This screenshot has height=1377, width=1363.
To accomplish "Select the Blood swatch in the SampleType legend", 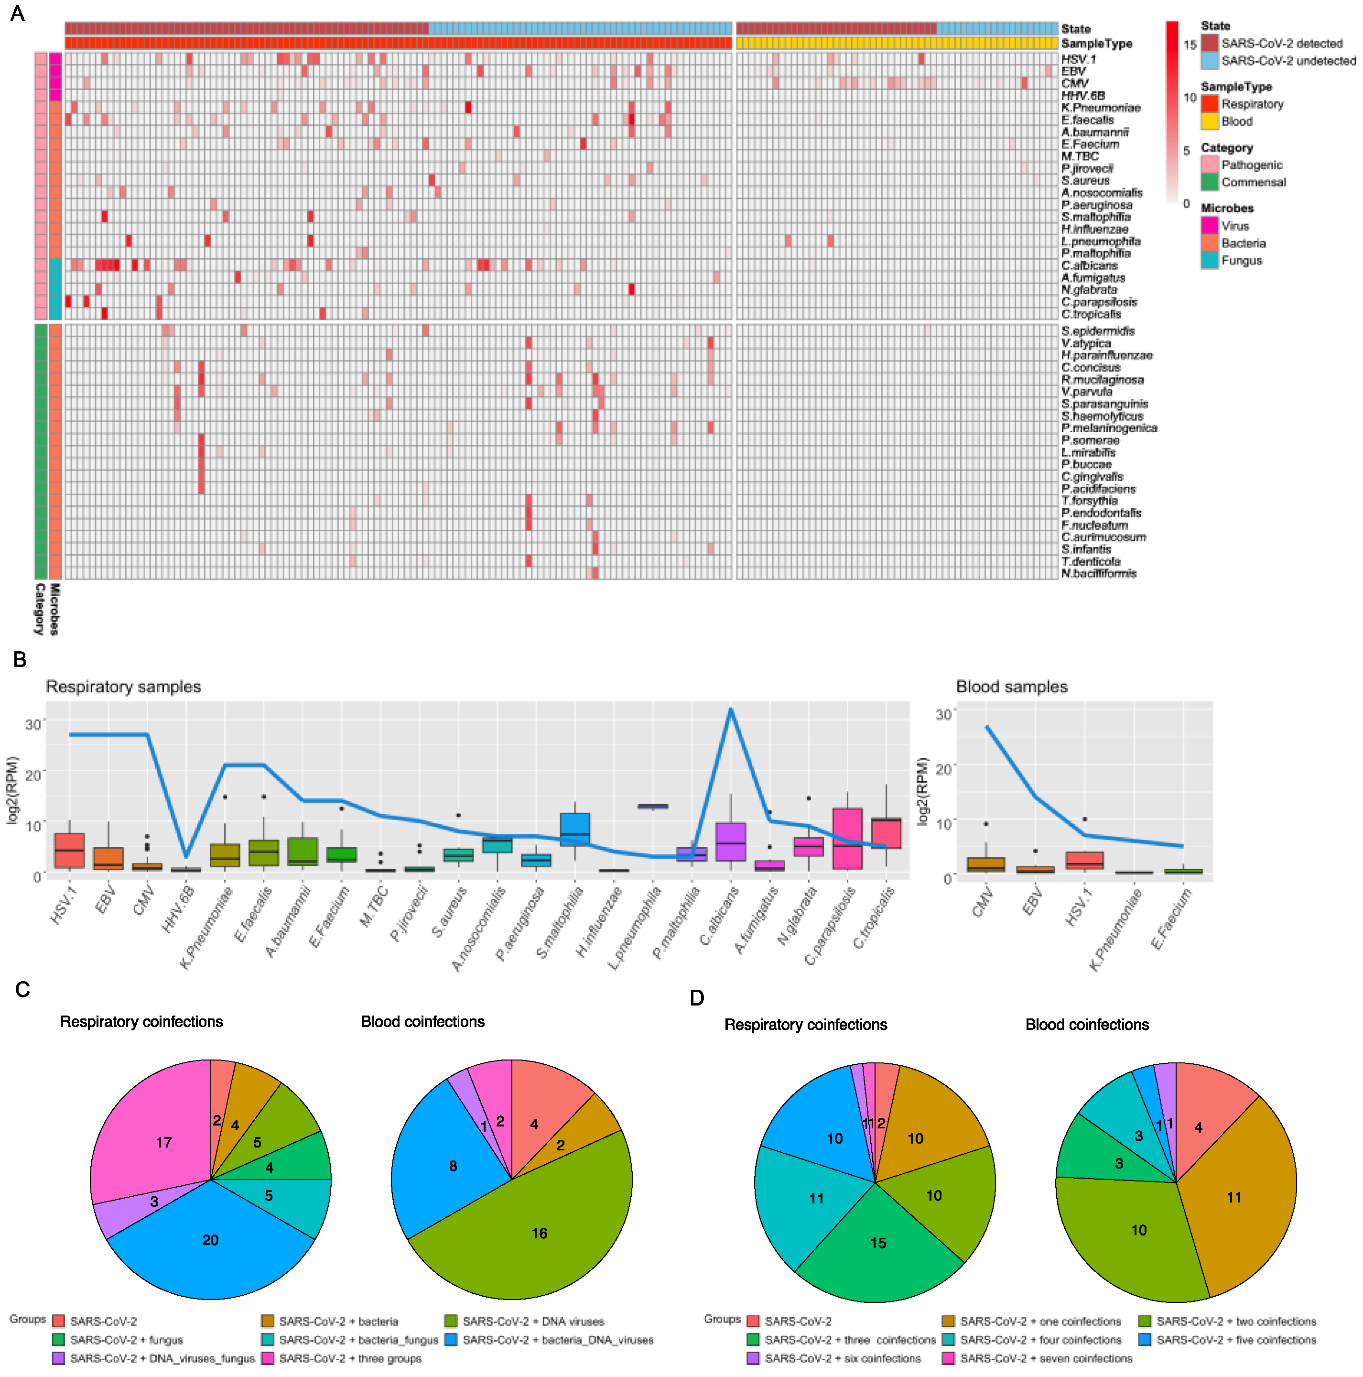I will click(1209, 121).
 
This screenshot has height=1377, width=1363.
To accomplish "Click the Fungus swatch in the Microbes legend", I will click(1209, 261).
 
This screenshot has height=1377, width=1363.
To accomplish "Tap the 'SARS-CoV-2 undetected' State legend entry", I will click(1288, 61).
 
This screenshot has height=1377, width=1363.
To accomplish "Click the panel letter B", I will click(20, 659).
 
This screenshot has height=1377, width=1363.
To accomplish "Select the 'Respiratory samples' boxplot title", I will click(123, 687).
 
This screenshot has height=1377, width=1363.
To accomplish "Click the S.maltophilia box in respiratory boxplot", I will click(574, 829).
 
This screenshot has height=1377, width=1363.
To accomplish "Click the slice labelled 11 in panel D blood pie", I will click(1233, 1197).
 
